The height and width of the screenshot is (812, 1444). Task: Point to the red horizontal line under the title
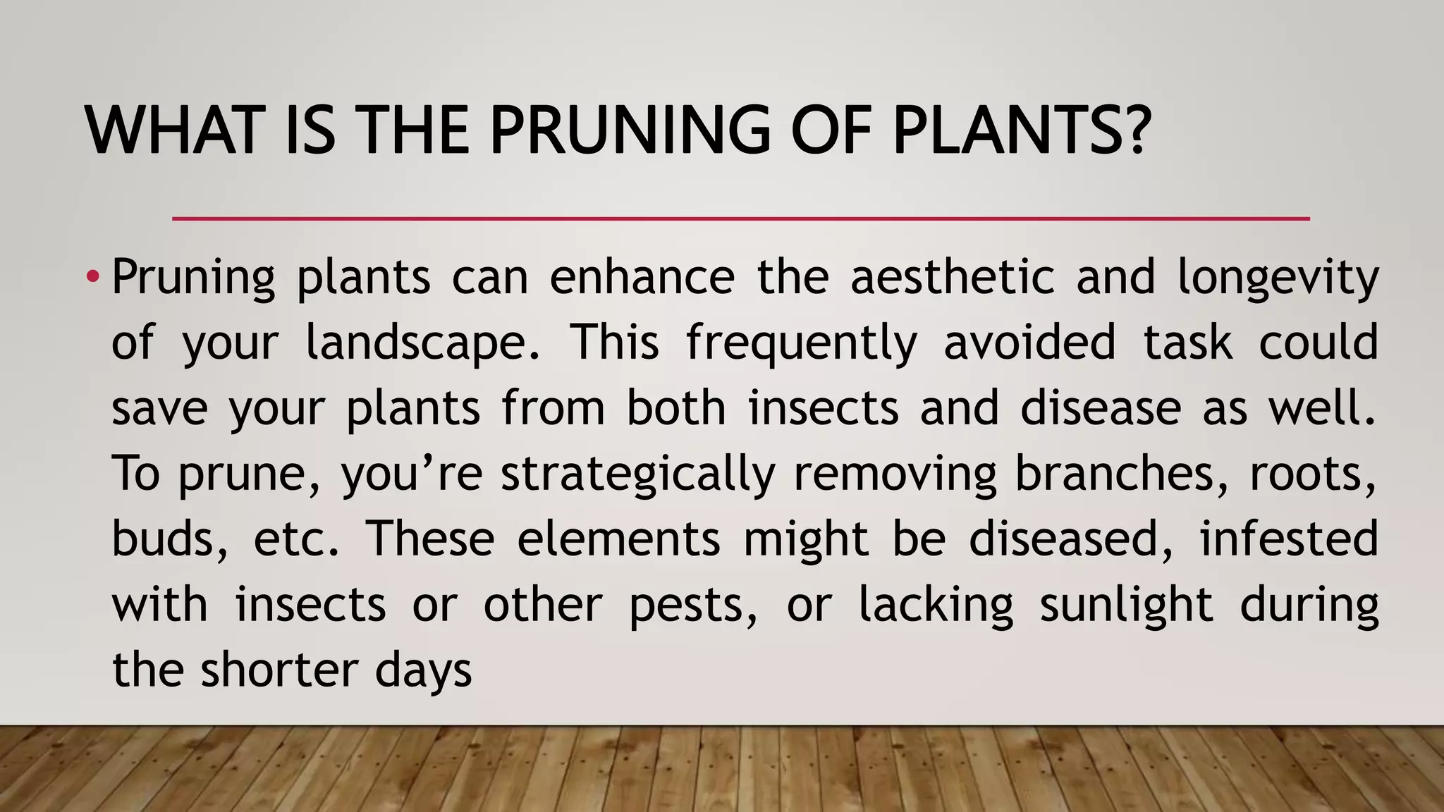tap(740, 219)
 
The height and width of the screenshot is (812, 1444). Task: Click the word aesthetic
tap(952, 276)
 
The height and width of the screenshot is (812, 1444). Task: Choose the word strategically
tap(637, 474)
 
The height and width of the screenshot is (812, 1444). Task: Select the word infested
tap(1288, 539)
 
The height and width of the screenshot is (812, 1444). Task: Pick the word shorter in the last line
tap(277, 670)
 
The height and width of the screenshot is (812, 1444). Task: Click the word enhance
tap(642, 276)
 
